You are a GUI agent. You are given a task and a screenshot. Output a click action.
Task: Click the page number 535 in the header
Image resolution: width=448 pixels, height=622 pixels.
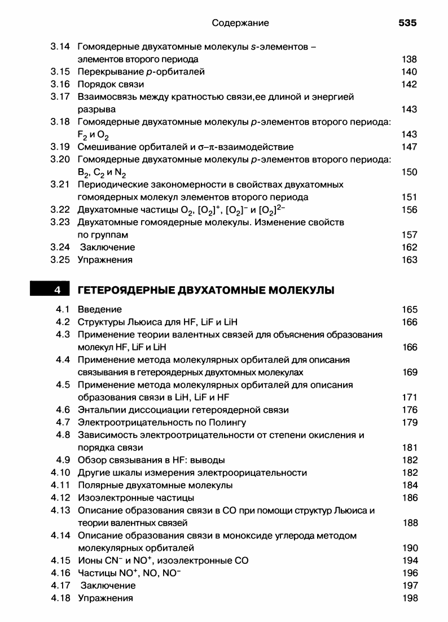(x=407, y=23)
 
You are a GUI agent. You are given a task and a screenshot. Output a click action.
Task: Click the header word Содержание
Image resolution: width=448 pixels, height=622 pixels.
(x=240, y=23)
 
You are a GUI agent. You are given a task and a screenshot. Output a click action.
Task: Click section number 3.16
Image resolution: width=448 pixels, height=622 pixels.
(x=59, y=84)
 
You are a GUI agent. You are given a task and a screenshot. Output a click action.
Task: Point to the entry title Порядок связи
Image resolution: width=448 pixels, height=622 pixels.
(x=111, y=84)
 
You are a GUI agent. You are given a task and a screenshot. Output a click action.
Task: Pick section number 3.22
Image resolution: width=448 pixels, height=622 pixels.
(x=59, y=209)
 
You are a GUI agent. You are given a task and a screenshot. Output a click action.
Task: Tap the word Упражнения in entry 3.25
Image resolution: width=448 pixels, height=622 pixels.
(x=106, y=260)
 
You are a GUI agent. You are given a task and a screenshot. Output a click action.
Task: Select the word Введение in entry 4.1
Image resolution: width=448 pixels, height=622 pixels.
(x=100, y=309)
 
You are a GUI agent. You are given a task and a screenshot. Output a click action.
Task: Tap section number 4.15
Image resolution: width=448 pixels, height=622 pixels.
(x=59, y=560)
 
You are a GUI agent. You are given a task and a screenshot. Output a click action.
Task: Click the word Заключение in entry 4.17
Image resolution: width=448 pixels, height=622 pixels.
(x=108, y=586)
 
